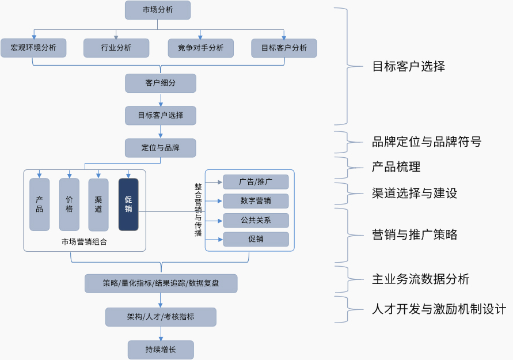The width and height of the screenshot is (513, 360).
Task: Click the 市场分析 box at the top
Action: pyautogui.click(x=157, y=10)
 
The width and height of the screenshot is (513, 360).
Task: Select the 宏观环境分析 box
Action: pyautogui.click(x=33, y=48)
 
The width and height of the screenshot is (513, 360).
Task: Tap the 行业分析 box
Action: pyautogui.click(x=116, y=48)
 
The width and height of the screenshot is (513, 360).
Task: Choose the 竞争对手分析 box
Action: pyautogui.click(x=200, y=48)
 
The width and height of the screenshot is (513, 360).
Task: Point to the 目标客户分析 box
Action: pyautogui.click(x=284, y=48)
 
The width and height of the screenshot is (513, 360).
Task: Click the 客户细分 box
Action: pyautogui.click(x=161, y=83)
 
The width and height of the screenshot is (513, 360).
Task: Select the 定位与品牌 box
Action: pyautogui.click(x=161, y=147)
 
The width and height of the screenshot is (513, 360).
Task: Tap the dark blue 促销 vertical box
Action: pyautogui.click(x=128, y=204)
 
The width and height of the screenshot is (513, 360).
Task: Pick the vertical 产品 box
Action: pyautogui.click(x=40, y=204)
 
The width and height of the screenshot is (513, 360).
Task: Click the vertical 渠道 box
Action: pyautogui.click(x=98, y=204)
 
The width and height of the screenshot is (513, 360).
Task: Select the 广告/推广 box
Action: pyautogui.click(x=256, y=182)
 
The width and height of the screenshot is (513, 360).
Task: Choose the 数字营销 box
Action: pyautogui.click(x=256, y=201)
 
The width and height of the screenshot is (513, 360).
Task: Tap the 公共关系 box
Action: pyautogui.click(x=256, y=220)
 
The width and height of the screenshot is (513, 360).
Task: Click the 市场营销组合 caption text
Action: pyautogui.click(x=84, y=242)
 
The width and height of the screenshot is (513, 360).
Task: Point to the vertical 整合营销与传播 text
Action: pyautogui.click(x=198, y=210)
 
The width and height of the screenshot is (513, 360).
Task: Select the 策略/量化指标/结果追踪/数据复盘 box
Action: pyautogui.click(x=161, y=283)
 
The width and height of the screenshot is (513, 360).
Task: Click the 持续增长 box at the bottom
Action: pyautogui.click(x=161, y=349)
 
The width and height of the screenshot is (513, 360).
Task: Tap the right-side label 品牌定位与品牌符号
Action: pyautogui.click(x=426, y=142)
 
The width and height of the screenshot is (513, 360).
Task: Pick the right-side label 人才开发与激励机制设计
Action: pyautogui.click(x=439, y=309)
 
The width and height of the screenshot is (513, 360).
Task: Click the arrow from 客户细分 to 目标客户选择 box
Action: pyautogui.click(x=161, y=100)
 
